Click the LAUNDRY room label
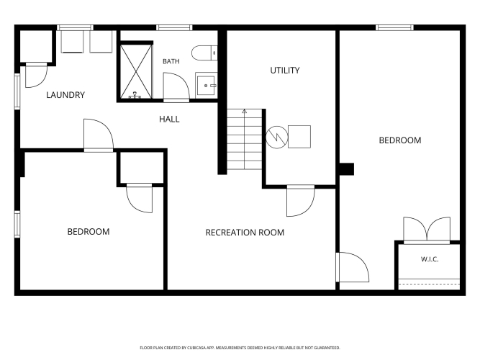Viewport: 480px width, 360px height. click(x=65, y=95)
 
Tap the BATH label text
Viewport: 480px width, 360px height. click(x=171, y=61)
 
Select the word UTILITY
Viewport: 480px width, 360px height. click(x=285, y=71)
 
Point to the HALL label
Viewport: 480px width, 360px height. click(x=169, y=120)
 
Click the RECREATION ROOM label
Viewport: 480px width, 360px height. click(x=245, y=233)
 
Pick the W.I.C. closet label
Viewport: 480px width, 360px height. click(x=430, y=259)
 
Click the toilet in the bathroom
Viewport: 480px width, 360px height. click(x=204, y=53)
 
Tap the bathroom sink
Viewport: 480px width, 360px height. click(x=206, y=84)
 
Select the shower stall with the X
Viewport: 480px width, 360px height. click(x=136, y=71)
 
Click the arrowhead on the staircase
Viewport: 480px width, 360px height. click(x=244, y=111)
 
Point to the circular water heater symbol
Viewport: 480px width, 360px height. click(x=277, y=138)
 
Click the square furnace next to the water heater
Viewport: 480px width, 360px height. click(x=299, y=137)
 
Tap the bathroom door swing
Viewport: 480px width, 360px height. click(x=176, y=87)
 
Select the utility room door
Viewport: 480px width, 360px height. click(x=300, y=201)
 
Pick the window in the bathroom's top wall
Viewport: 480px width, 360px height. click(x=174, y=28)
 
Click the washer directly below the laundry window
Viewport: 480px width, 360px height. click(x=72, y=42)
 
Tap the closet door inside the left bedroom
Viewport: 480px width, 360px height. click(x=140, y=198)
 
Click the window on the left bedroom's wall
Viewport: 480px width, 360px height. click(x=17, y=224)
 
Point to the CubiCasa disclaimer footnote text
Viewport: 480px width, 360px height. click(x=240, y=348)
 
